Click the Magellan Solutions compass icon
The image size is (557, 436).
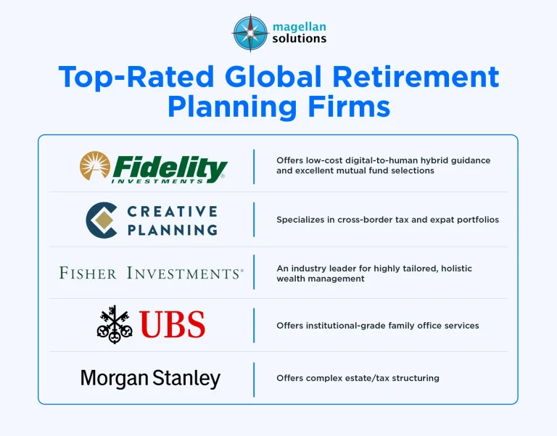(x=250, y=33)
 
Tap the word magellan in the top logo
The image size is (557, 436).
(x=299, y=28)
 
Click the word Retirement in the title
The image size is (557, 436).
(x=416, y=76)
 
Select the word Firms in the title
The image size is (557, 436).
(x=349, y=106)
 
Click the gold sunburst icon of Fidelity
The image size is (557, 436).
(x=95, y=165)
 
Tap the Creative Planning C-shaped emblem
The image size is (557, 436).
(x=102, y=220)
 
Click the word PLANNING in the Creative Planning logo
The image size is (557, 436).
(x=173, y=230)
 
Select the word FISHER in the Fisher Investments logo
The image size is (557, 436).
(x=88, y=273)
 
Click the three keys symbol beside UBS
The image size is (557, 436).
(x=115, y=324)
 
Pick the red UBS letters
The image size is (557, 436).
(x=173, y=324)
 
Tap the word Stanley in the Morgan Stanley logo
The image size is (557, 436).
(x=186, y=379)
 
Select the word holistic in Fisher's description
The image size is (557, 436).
(x=456, y=268)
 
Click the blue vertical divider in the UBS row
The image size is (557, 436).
(x=254, y=326)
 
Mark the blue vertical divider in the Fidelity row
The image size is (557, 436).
(x=254, y=167)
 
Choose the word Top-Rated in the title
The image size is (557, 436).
(x=136, y=77)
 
